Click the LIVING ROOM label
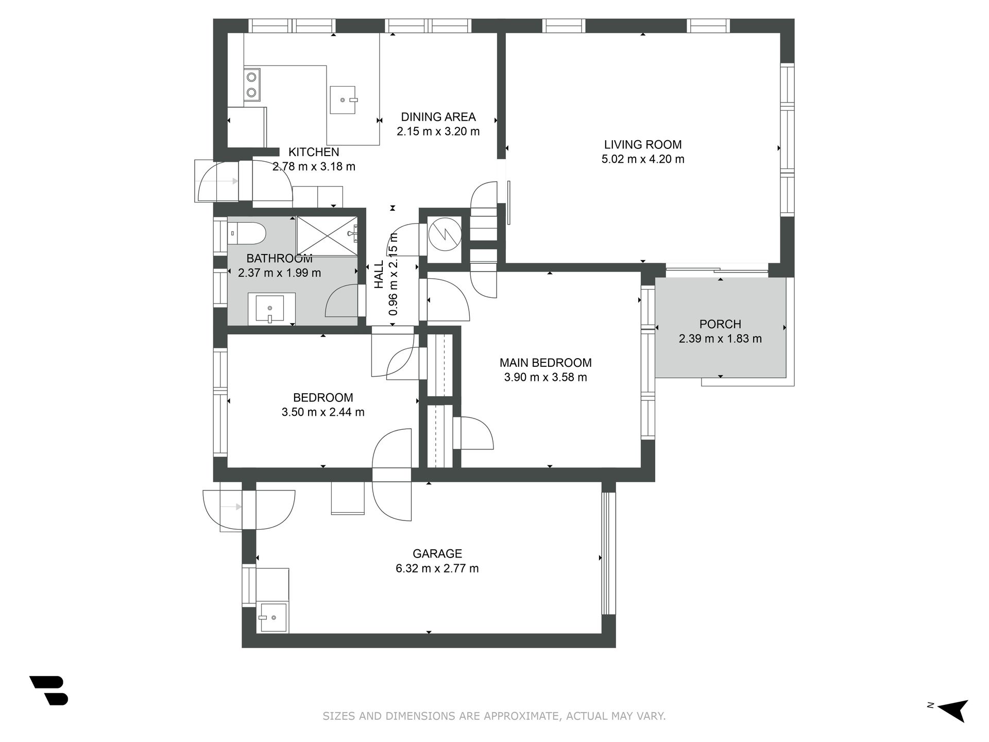643,145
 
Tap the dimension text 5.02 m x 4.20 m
643,159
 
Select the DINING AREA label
438,117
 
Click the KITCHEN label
314,152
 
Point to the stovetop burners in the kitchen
252,85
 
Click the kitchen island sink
343,100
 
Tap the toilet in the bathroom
246,233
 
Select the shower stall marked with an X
327,235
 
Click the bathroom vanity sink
271,309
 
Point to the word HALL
379,274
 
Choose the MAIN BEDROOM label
545,363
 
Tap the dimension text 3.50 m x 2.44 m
323,412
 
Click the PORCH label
720,324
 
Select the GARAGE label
437,553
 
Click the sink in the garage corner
272,617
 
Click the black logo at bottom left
49,690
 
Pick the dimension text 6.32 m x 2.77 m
437,568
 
